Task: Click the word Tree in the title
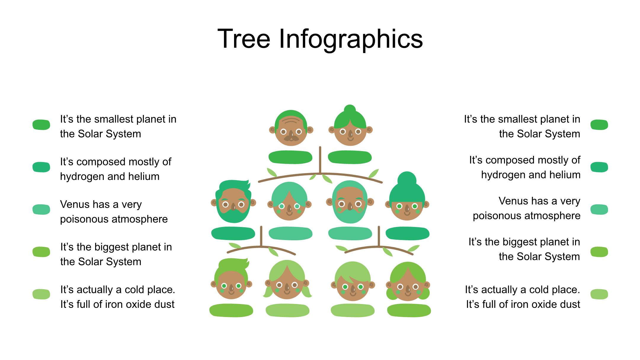click(244, 39)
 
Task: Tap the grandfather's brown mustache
click(291, 137)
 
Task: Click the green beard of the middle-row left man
click(233, 215)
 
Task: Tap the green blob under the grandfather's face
click(290, 157)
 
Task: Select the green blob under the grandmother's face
click(350, 157)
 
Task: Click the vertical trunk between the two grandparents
click(320, 160)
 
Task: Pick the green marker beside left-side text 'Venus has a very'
click(41, 209)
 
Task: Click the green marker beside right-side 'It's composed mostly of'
click(599, 167)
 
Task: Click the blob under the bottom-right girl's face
click(409, 311)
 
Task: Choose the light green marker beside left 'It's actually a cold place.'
click(41, 294)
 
